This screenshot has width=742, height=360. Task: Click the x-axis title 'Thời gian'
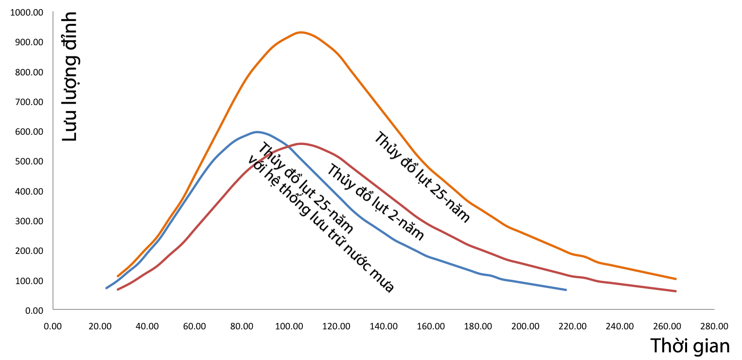[x=690, y=346]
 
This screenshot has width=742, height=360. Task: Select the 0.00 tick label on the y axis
[x=34, y=310]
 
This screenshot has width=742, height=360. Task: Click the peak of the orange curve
[x=301, y=33]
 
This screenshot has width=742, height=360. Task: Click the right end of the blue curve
[x=566, y=290]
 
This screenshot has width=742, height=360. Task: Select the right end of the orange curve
[x=676, y=279]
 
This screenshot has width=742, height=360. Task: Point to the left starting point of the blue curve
[x=106, y=288]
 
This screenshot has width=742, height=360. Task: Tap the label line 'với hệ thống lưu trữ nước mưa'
[x=320, y=224]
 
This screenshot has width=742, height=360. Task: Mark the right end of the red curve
[x=676, y=291]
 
